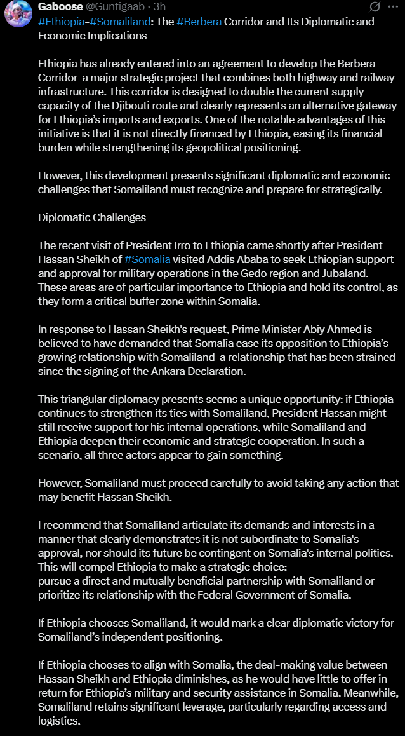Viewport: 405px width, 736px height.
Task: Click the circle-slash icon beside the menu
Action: tap(375, 7)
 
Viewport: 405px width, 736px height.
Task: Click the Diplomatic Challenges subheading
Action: tap(92, 217)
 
